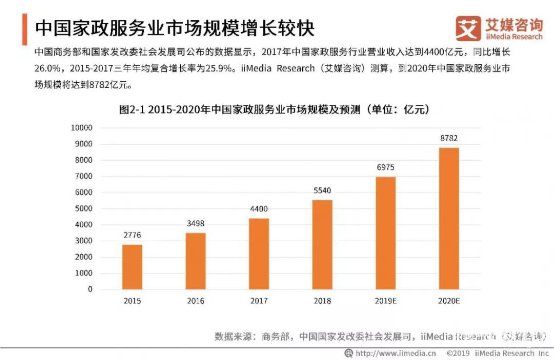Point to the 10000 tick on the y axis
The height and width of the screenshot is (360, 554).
80,128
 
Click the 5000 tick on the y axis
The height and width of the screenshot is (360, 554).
83,208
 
